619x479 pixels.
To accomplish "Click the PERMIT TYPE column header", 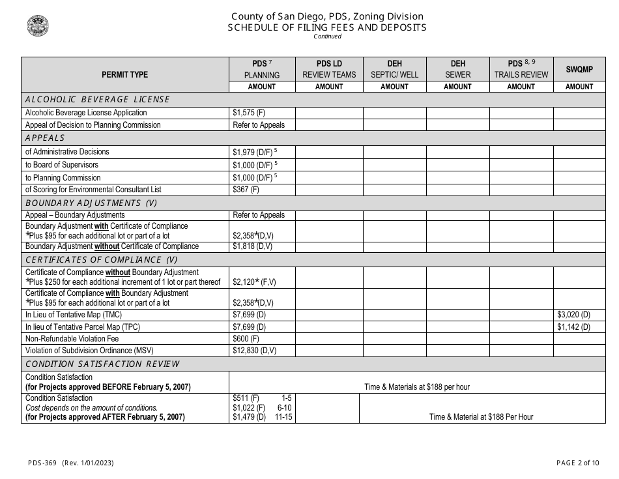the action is (124, 75).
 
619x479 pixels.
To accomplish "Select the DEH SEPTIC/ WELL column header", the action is (394, 69).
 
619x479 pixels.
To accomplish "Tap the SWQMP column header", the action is (579, 69).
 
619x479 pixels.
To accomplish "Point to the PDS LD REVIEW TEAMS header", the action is (329, 69).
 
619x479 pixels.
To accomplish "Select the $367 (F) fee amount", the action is (246, 190).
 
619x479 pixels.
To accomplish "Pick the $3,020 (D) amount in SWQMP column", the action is (573, 314).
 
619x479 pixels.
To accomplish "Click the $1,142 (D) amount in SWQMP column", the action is (573, 327).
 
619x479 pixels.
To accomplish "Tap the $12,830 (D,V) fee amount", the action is (254, 351).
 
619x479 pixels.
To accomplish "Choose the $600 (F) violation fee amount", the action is (246, 339).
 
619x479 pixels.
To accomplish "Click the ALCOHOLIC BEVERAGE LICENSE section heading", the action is (97, 100).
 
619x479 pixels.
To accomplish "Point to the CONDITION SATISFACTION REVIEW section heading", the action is (102, 364).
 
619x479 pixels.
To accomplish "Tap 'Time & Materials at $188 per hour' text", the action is (417, 387).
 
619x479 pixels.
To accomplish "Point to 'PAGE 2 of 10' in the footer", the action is (574, 463).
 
